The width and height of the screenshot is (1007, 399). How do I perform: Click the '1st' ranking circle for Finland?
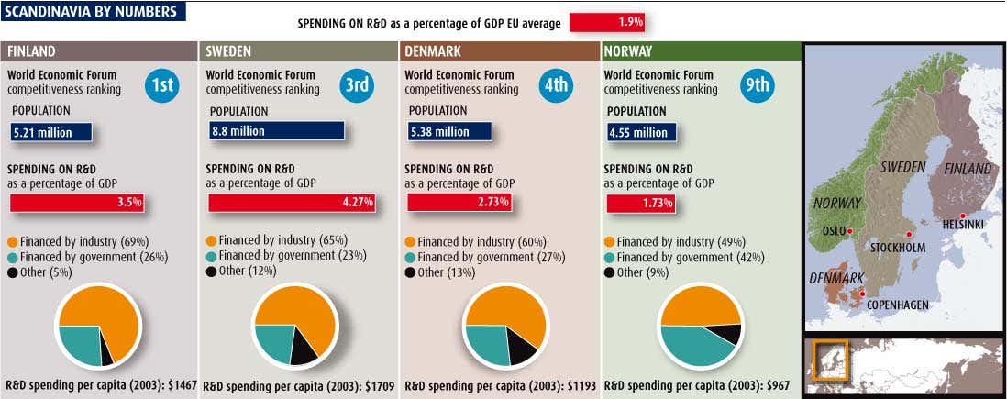coord(161,85)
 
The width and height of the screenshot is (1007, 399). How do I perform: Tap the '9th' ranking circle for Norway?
coord(758,85)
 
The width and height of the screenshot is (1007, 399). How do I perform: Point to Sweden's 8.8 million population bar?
coord(276,131)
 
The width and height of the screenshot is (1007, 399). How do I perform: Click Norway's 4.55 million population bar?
coord(641,133)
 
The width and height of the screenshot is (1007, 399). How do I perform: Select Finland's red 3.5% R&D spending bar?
coord(76,203)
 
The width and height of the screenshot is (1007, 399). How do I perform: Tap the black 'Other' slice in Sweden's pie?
coord(303,347)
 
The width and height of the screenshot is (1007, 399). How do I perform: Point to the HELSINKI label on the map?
coord(962,226)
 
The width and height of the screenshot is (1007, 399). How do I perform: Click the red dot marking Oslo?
coord(850,231)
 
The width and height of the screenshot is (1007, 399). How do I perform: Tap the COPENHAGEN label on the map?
coord(897,305)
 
